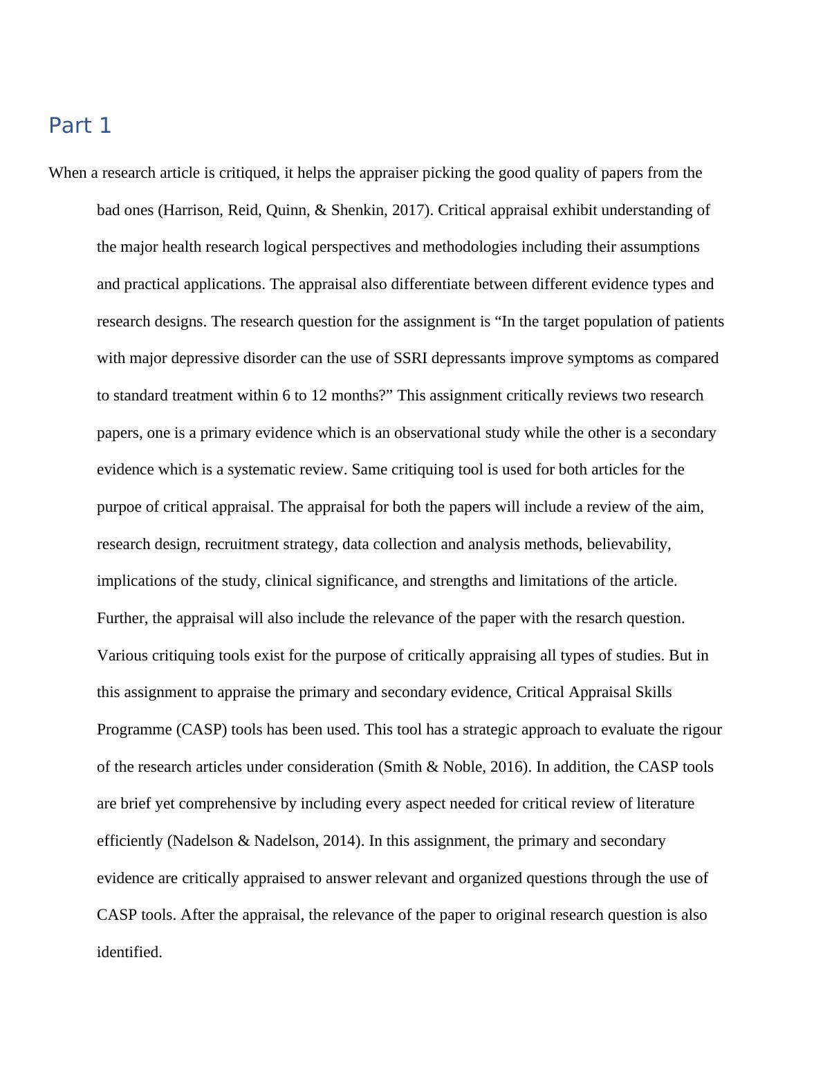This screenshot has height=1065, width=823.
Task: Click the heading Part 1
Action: [x=80, y=126]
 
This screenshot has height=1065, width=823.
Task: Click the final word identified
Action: [x=129, y=952]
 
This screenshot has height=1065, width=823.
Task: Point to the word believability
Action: [x=629, y=544]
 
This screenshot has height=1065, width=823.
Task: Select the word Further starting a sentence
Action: [x=122, y=618]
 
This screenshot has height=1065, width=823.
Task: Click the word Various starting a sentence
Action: [x=122, y=656]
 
